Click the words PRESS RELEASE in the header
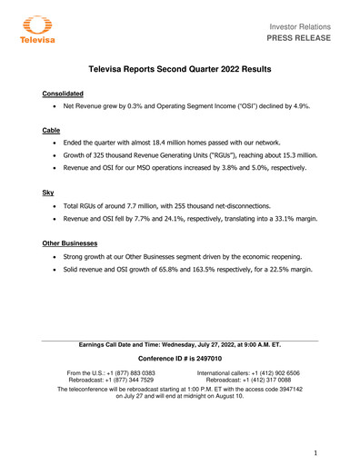tap(308, 39)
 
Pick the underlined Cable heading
tap(52, 131)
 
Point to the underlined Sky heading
tap(49, 193)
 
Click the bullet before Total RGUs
tap(60, 206)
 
